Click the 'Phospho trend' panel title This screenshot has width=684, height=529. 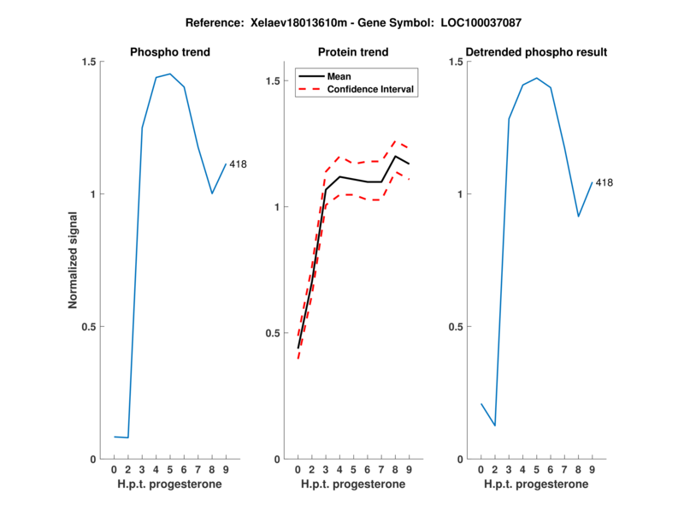[170, 52]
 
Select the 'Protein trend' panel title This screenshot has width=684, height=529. [354, 52]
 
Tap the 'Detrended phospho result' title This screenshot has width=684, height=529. [536, 52]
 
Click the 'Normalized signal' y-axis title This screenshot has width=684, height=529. [74, 260]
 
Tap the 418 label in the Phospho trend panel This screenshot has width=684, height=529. [239, 164]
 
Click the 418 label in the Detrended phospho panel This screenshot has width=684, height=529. [604, 182]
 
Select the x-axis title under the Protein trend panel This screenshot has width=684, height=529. [353, 484]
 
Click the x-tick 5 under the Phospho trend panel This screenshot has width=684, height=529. [170, 470]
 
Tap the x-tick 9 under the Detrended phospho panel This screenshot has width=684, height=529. [592, 470]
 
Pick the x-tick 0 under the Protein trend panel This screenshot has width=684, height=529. [298, 470]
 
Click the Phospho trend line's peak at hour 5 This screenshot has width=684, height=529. [170, 74]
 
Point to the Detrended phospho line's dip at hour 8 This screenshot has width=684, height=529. [578, 216]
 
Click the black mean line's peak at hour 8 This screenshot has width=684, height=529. [396, 156]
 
